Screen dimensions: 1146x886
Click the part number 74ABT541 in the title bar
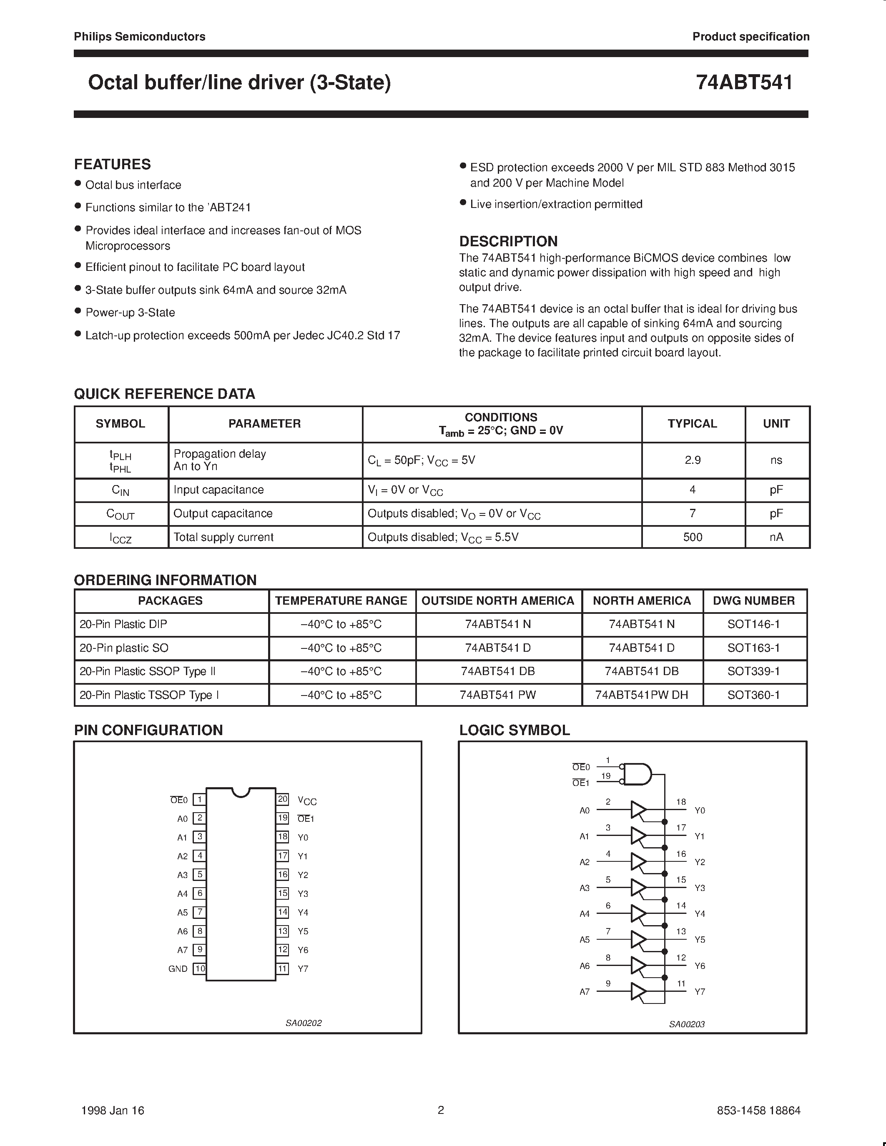[x=744, y=83]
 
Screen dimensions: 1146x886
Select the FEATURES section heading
[x=112, y=164]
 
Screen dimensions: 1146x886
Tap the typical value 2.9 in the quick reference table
[x=692, y=460]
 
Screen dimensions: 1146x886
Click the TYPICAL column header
[x=692, y=423]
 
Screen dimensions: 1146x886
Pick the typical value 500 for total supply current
[x=692, y=537]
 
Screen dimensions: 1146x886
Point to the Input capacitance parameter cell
[x=218, y=490]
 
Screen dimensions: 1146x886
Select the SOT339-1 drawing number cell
[x=753, y=671]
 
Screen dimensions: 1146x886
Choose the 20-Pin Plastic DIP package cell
[x=123, y=624]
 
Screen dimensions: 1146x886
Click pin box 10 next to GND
[x=199, y=968]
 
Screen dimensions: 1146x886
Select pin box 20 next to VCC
[x=282, y=799]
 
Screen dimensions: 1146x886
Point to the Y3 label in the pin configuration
[x=303, y=893]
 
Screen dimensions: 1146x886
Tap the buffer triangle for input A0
[x=638, y=810]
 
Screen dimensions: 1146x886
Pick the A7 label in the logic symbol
[x=584, y=992]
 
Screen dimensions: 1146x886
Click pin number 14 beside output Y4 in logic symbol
[x=681, y=905]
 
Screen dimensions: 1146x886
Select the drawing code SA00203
[x=687, y=1024]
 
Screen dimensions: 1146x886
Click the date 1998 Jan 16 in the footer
[x=113, y=1110]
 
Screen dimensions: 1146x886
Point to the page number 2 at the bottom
[x=441, y=1110]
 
